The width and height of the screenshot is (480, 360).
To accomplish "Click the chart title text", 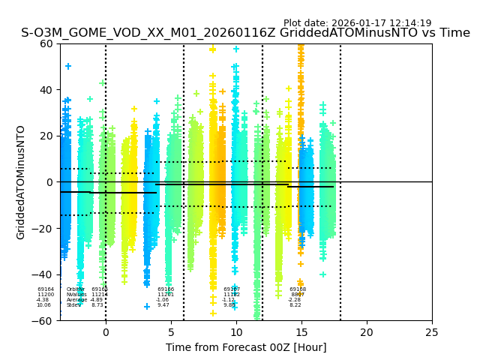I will (x=245, y=33).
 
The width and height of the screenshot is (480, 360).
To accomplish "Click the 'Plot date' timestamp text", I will (x=357, y=23).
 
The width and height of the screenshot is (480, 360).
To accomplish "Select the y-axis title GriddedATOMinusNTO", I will (x=21, y=182).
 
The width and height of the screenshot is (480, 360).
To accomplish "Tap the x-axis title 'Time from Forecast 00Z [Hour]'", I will (x=246, y=347).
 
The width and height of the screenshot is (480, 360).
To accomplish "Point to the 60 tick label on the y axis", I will (x=46, y=43).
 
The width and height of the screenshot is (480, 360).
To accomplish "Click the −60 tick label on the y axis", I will (x=43, y=320).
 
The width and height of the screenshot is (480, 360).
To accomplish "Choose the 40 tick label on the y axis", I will (x=46, y=90).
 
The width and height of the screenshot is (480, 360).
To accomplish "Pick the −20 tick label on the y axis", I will (x=43, y=228).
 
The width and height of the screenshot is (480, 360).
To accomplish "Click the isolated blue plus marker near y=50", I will (x=68, y=67).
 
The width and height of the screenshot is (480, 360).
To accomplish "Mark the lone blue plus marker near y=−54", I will (x=147, y=307).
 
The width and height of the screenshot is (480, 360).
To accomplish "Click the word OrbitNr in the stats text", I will (x=76, y=289).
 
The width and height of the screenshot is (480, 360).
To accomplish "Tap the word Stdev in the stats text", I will (x=73, y=305).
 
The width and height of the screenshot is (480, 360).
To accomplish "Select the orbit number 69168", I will (x=298, y=289).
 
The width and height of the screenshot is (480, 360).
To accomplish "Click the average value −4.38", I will (x=43, y=300).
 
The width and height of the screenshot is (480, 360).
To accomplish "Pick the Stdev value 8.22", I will (x=295, y=305).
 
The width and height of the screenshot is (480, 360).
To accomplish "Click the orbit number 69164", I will (x=46, y=289).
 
